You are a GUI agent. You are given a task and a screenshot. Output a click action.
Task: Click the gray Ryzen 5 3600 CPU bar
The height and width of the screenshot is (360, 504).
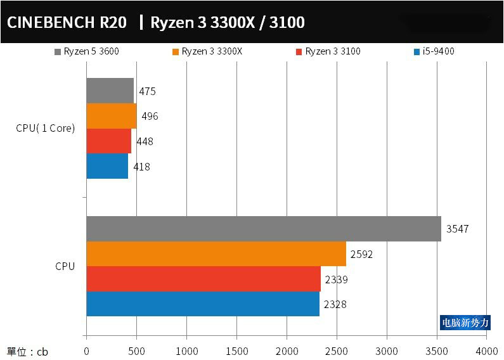point(264,229)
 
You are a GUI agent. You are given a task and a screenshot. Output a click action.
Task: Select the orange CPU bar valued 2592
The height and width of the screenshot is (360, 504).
point(216,254)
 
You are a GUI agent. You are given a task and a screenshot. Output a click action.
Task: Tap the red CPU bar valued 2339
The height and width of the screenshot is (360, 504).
point(204,279)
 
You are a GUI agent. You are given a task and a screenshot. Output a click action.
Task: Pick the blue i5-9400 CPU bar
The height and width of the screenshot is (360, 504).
point(203,304)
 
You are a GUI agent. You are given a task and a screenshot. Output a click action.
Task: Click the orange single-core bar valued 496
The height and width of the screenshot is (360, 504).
point(111,116)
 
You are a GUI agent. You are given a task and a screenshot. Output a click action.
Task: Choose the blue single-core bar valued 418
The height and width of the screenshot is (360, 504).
point(107,166)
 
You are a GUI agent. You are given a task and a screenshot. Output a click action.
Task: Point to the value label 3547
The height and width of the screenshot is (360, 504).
point(457,229)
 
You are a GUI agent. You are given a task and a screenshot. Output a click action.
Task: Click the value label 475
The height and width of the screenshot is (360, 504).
point(147,91)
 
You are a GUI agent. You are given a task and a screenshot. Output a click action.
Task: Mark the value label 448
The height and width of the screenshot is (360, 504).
point(145,141)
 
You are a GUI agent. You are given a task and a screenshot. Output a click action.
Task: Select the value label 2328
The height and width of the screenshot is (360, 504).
point(335,304)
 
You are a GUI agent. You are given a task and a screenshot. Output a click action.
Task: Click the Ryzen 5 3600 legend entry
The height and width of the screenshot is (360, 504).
point(87,52)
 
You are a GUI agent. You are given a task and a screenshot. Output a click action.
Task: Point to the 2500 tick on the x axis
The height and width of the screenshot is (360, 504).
point(337,350)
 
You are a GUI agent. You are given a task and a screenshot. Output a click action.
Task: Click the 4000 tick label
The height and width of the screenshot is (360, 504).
point(487,350)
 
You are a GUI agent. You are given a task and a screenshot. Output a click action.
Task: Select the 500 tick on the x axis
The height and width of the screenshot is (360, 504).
point(136,350)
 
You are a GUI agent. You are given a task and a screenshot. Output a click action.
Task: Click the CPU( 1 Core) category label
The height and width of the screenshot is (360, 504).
point(46,128)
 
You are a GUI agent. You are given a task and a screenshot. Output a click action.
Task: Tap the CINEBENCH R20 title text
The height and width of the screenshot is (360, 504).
point(67,23)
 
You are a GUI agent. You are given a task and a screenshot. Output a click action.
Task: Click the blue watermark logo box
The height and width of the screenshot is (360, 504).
point(465,323)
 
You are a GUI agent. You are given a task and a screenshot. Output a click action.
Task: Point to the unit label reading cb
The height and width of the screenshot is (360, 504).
point(27,351)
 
